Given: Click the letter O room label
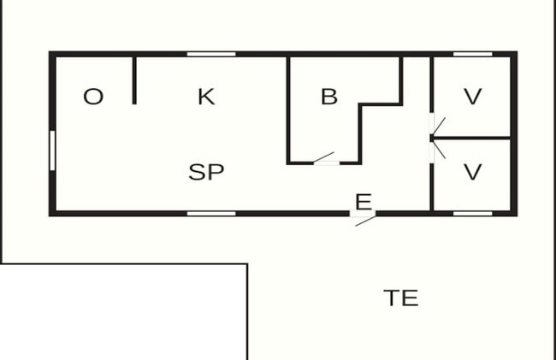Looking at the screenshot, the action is click(x=93, y=97).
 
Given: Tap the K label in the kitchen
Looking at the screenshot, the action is click(x=206, y=97).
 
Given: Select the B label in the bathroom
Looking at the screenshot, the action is click(x=329, y=97).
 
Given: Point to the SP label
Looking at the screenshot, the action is click(x=206, y=172).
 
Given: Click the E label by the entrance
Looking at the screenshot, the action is click(x=364, y=202).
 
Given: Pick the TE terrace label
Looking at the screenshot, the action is click(x=401, y=298).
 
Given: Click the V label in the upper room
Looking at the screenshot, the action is click(x=473, y=97).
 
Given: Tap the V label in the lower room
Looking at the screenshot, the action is click(x=473, y=172).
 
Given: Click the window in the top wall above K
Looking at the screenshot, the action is click(x=211, y=54).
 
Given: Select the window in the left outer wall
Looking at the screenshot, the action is click(x=52, y=150).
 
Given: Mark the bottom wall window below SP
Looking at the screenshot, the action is click(x=211, y=214).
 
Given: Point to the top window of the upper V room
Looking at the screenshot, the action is click(x=473, y=54).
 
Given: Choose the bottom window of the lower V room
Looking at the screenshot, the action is click(x=473, y=214).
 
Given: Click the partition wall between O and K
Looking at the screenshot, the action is click(x=134, y=80).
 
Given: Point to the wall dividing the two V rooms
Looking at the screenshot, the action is click(x=472, y=138).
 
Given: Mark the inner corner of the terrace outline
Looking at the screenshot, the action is click(x=247, y=264).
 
